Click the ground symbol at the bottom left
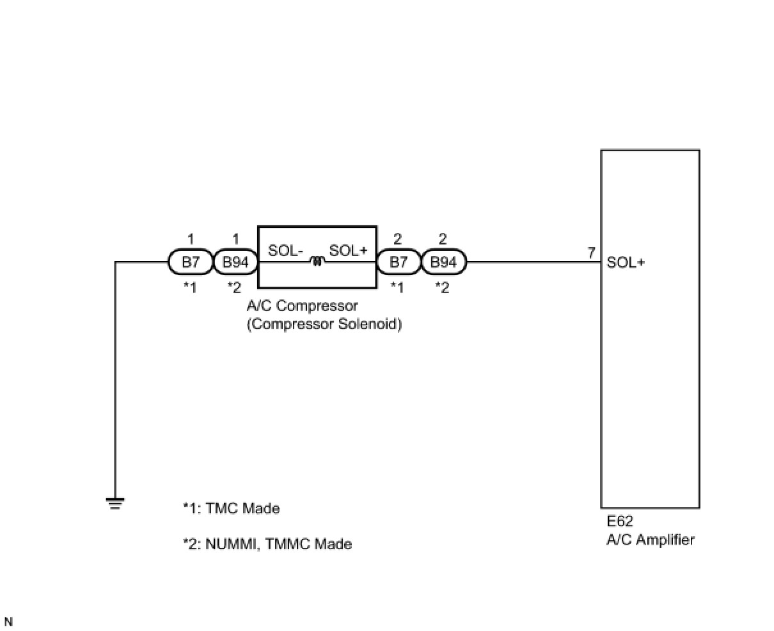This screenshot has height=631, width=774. pos(116,504)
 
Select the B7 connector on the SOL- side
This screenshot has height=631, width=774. pos(191,262)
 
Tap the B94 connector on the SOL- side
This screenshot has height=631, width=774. pos(235,262)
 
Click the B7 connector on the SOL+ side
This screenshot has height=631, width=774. pos(399,262)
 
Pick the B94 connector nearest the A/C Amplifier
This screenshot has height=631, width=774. pos(443,262)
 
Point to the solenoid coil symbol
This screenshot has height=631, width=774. pos(316,260)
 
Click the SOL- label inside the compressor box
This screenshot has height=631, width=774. pos(285,251)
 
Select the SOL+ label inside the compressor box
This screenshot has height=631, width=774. pos(349,251)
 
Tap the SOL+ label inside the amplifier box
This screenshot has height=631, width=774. pos(626,262)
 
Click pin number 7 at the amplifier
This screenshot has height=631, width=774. pos(592,253)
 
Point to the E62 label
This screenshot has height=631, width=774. pos(620,522)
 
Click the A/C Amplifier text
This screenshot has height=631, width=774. pos(650,539)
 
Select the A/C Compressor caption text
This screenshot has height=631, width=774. pos(302,306)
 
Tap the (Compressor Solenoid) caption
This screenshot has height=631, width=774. pos(324,324)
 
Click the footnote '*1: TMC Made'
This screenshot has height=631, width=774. pos(232,509)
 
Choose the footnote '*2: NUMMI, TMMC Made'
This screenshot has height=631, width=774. pos(267,544)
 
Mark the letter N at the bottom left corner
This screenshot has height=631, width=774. pos(8,621)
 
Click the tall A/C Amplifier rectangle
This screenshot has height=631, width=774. pos(650,384)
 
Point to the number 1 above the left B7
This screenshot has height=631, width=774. pos(191,239)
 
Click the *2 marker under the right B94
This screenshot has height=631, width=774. pos(442,288)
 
